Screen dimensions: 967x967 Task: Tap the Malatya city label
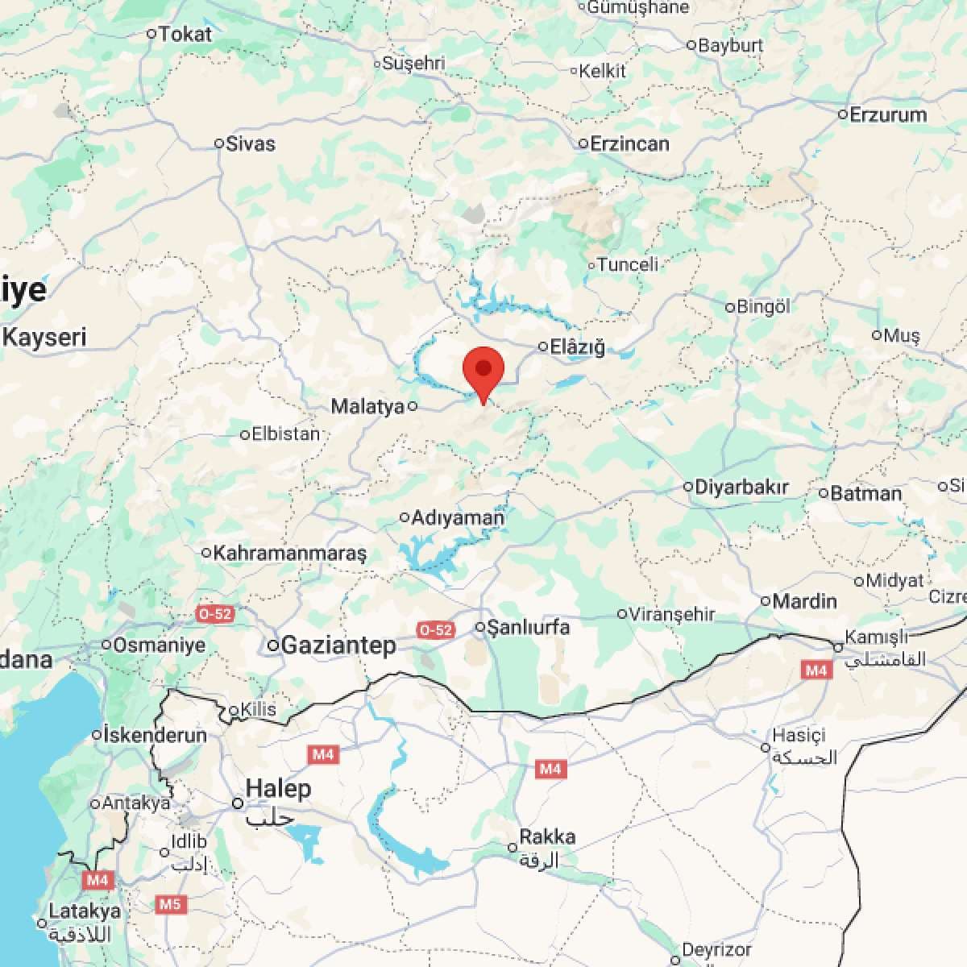coord(367,407)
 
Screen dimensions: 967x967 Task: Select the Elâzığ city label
coord(577,347)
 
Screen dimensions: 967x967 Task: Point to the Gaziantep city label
coord(338,645)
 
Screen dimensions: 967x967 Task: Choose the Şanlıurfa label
coord(529,627)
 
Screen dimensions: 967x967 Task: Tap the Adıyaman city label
coord(458,518)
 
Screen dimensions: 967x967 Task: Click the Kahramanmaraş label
coord(290,553)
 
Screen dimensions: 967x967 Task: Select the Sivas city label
coord(251,144)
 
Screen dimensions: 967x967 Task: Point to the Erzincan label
coord(629,144)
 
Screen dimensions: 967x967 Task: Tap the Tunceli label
coord(628,264)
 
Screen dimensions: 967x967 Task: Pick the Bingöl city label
coord(764,307)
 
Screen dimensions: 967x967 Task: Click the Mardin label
coord(804,601)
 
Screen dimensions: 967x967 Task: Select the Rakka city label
coord(547,837)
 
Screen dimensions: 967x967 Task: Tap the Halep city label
coord(278,788)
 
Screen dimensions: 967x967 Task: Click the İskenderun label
coord(156,735)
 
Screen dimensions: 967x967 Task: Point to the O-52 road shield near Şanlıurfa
coord(435,629)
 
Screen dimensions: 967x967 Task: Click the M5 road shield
coord(169,904)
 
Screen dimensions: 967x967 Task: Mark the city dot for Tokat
coord(151,34)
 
